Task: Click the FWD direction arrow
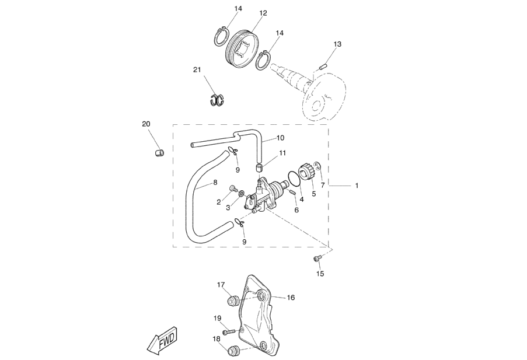click(x=162, y=341)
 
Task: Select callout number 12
click(x=263, y=13)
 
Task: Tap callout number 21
click(x=197, y=70)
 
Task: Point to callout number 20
click(x=146, y=124)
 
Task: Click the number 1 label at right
click(x=357, y=186)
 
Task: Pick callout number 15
click(x=320, y=273)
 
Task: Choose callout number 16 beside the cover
click(x=291, y=298)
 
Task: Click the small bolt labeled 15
click(x=317, y=258)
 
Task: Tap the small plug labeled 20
click(x=158, y=153)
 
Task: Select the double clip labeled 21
click(x=218, y=100)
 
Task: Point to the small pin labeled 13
click(x=323, y=68)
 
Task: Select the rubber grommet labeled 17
click(x=233, y=300)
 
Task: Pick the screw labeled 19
click(x=232, y=331)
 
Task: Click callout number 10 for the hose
click(x=280, y=138)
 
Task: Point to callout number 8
click(x=215, y=183)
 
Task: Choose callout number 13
click(x=337, y=44)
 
